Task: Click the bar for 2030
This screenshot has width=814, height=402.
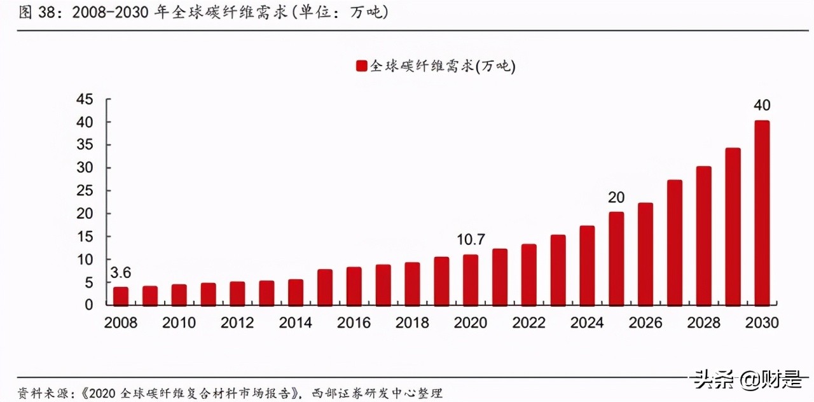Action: pos(762,212)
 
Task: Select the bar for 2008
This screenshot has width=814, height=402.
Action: pos(121,296)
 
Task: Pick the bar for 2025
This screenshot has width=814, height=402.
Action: pos(616,258)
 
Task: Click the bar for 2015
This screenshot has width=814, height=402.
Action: pos(325,287)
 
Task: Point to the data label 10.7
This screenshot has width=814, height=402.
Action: pos(471,240)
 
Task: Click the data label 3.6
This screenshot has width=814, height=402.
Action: pos(120,274)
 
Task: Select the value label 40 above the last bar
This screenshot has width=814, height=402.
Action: pos(762,105)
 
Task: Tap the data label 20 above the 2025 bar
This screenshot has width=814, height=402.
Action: pos(616,197)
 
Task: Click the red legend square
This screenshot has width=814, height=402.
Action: pos(361,66)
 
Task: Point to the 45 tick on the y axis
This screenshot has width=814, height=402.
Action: pos(85,99)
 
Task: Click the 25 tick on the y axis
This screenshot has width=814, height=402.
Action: pos(85,191)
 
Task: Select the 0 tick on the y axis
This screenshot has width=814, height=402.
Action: pos(89,305)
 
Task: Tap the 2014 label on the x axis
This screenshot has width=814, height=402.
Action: pos(296,323)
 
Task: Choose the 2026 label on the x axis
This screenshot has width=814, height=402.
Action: pos(645,323)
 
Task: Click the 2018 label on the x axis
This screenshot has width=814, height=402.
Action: pos(412,323)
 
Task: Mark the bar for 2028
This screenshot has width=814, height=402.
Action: pos(704,235)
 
